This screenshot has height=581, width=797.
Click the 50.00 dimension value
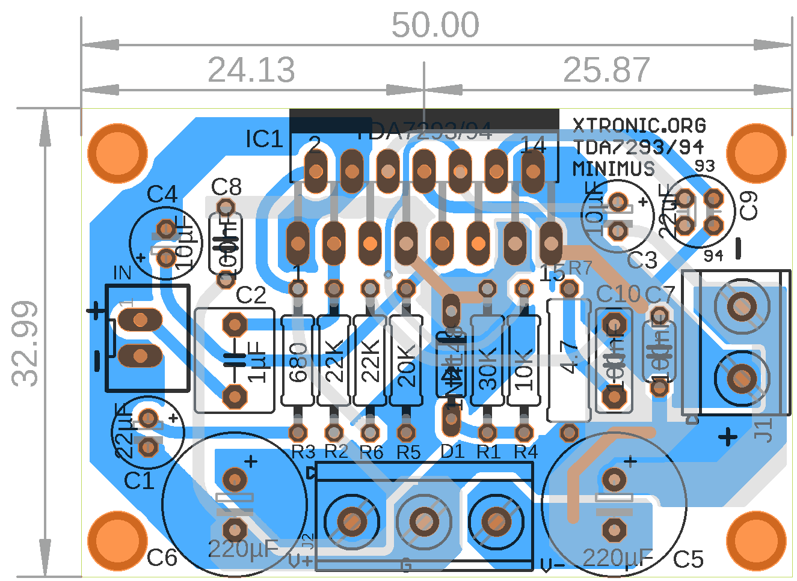tap(435, 25)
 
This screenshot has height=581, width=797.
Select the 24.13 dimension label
tap(251, 70)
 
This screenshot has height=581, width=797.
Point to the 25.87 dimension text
tap(606, 70)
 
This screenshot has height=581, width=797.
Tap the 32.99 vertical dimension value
tap(26, 343)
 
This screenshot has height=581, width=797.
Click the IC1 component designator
tap(264, 139)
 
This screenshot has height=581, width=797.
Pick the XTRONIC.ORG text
tap(639, 126)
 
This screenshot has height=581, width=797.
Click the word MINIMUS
tap(614, 169)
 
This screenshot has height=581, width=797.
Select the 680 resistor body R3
tap(298, 360)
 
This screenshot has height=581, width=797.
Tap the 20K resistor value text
tap(407, 366)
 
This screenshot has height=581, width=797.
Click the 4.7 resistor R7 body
tap(569, 360)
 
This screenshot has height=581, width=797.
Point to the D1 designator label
tap(452, 451)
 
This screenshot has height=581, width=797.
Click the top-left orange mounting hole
tap(117, 153)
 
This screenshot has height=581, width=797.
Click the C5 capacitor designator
tap(688, 559)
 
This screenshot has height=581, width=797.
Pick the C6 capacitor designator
tap(162, 558)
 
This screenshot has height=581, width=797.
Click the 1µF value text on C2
tap(257, 362)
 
